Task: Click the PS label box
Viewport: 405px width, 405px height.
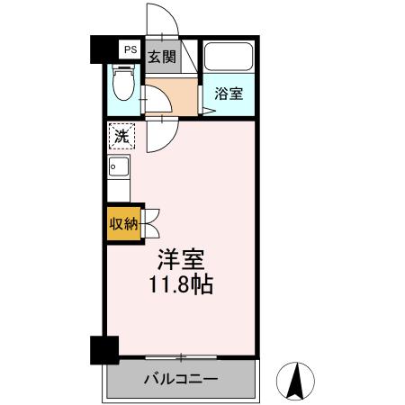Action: [130, 50]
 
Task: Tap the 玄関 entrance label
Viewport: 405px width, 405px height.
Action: [162, 56]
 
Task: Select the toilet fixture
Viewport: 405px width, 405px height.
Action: [125, 85]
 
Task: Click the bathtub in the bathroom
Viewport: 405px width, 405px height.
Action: [228, 58]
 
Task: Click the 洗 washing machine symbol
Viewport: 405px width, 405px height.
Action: [120, 137]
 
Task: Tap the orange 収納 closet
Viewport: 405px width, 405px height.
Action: [123, 224]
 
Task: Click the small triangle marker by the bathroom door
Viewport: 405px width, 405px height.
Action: [206, 112]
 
